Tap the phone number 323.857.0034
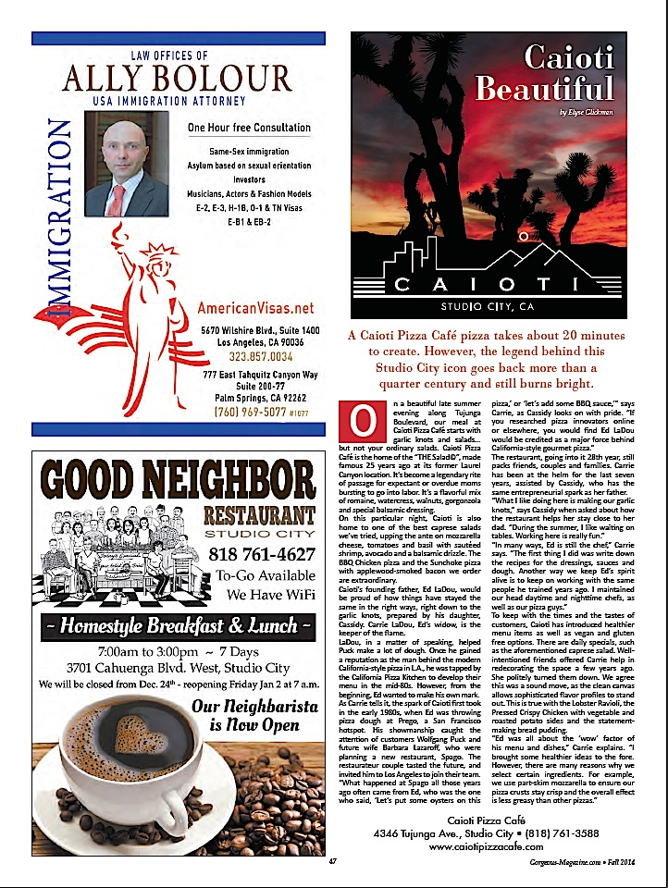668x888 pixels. click(x=255, y=355)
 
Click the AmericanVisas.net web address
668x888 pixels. click(x=256, y=308)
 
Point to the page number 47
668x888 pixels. click(x=332, y=862)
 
